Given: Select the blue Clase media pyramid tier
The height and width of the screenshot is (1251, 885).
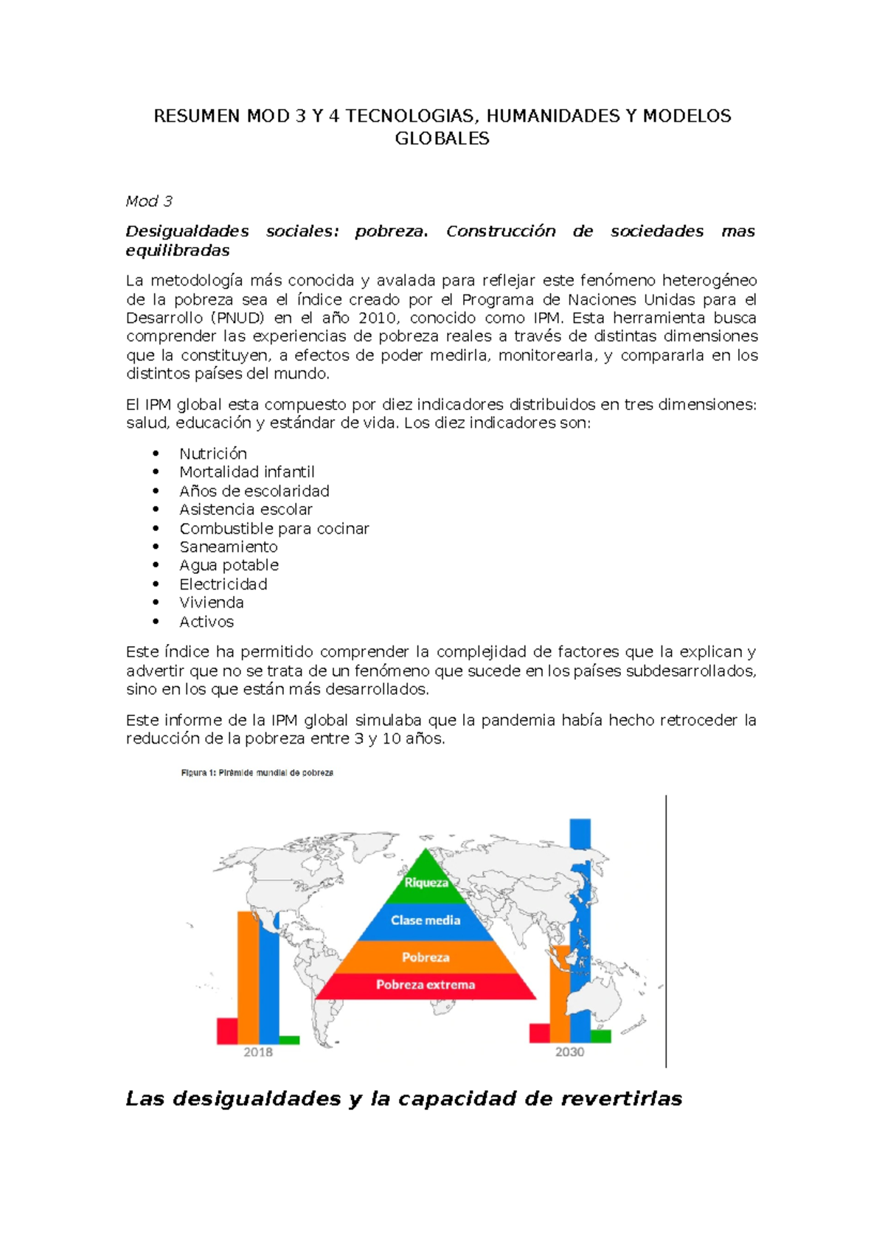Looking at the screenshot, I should click(x=426, y=921).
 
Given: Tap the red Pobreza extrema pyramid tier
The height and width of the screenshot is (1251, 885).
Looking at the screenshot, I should click(x=426, y=985).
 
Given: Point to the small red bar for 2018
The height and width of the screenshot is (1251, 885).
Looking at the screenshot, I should click(x=226, y=1030).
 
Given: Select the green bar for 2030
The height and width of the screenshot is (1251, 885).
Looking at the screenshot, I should click(x=601, y=1036).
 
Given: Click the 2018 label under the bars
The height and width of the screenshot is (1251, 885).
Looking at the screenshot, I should click(x=258, y=1053).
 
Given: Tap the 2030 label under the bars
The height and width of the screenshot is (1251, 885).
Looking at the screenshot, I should click(x=569, y=1053).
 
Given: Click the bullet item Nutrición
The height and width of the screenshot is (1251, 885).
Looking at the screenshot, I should click(x=213, y=454).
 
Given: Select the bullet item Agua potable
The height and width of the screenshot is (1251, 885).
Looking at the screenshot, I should click(x=229, y=565).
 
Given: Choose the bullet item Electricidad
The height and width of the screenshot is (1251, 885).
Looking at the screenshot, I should click(x=223, y=584).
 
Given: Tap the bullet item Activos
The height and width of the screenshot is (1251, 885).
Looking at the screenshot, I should click(x=206, y=622).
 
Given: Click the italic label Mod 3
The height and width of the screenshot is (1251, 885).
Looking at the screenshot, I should click(x=149, y=201).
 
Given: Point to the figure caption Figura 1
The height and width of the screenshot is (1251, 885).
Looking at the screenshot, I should click(x=257, y=773).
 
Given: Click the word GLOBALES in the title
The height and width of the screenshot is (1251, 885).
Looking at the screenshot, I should click(x=442, y=139).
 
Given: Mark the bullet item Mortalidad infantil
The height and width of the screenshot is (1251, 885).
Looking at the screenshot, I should click(x=247, y=472).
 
